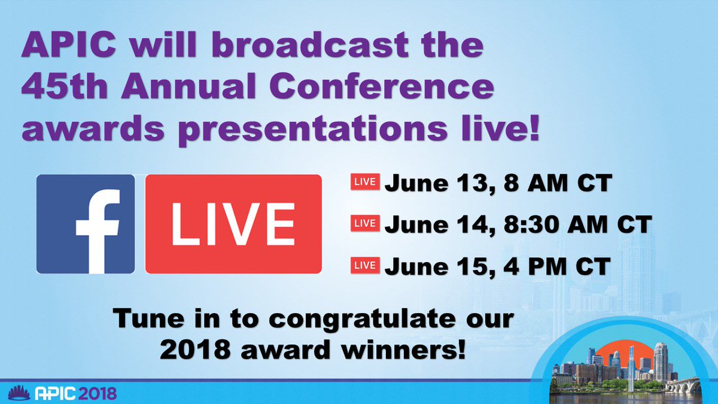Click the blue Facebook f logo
86,224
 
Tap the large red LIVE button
233,224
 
